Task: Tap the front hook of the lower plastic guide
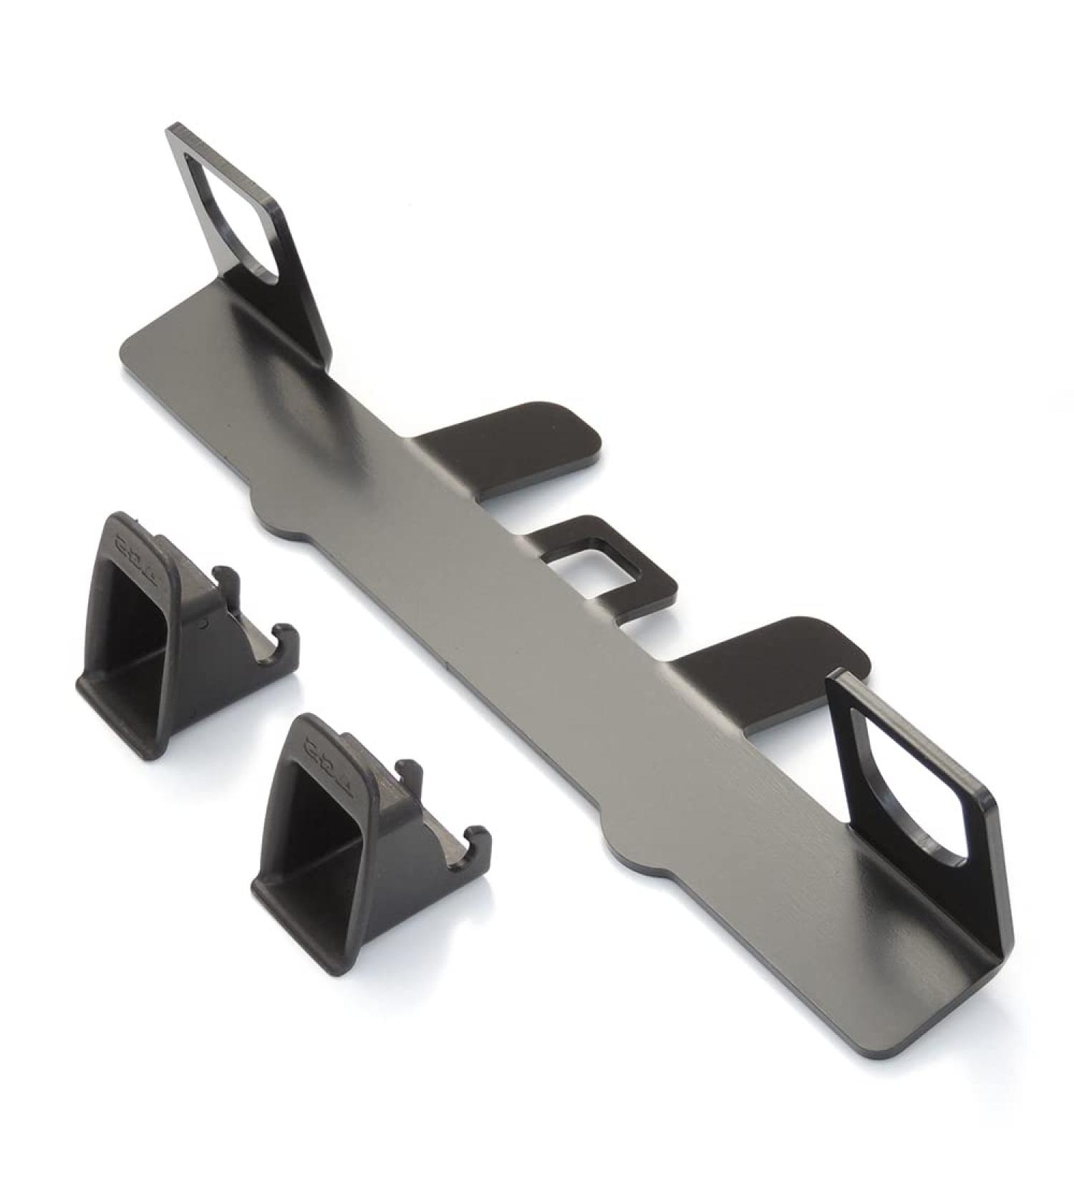478,841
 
